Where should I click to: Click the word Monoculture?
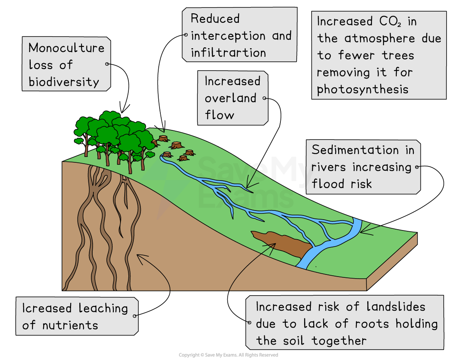point(66,48)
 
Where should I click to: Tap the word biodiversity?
point(64,82)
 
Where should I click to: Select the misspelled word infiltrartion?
point(228,53)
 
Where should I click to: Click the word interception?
point(229,36)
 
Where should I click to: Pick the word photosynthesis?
point(362,89)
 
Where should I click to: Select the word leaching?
point(103,308)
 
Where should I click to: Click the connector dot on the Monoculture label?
point(107,64)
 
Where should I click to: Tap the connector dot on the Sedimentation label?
point(417,167)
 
